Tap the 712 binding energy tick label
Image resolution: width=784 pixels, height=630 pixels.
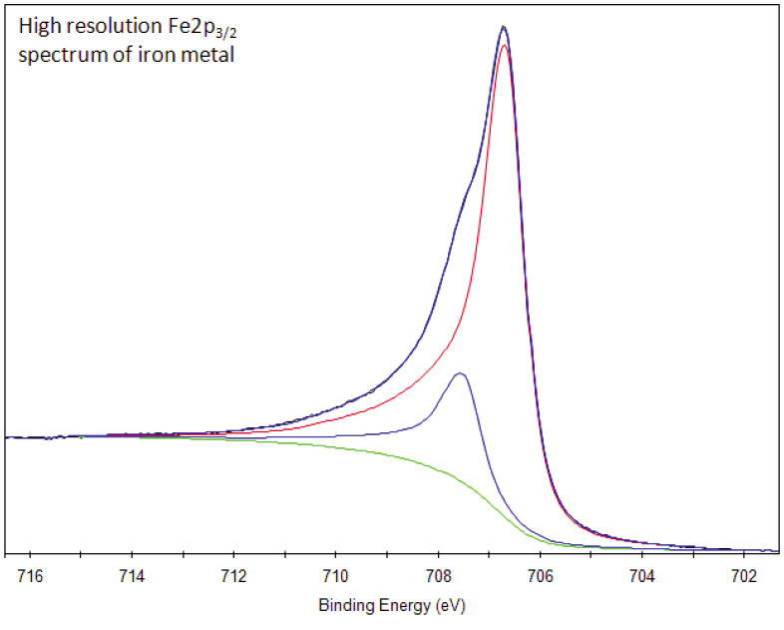tap(232, 577)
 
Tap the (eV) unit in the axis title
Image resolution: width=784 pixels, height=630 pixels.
tap(451, 606)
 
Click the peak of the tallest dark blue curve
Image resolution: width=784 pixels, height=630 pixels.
tap(504, 27)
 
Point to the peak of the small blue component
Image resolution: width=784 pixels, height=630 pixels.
tap(460, 373)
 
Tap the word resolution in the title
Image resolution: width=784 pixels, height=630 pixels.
tap(106, 29)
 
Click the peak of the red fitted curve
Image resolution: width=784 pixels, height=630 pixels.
tap(505, 45)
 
